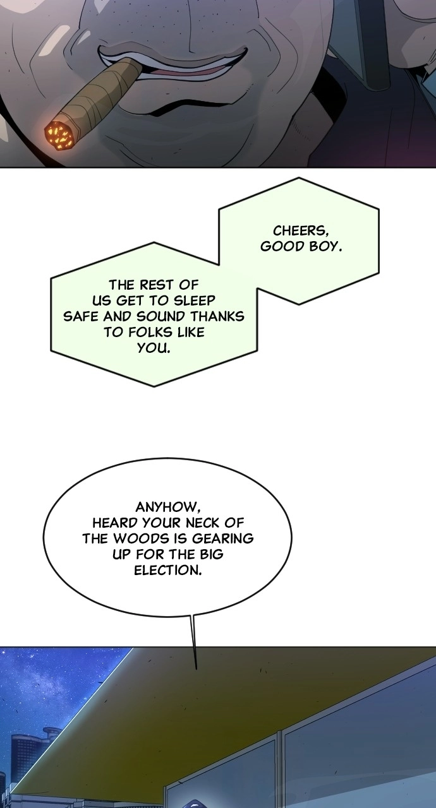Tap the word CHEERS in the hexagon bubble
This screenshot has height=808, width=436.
(x=301, y=230)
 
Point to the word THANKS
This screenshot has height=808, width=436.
(x=217, y=316)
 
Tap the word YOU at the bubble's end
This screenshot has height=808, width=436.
(x=153, y=348)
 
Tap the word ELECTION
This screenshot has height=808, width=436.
(x=168, y=570)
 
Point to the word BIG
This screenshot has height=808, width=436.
(x=211, y=554)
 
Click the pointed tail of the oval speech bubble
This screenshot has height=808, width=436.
(x=196, y=668)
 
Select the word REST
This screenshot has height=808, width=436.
(x=155, y=285)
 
